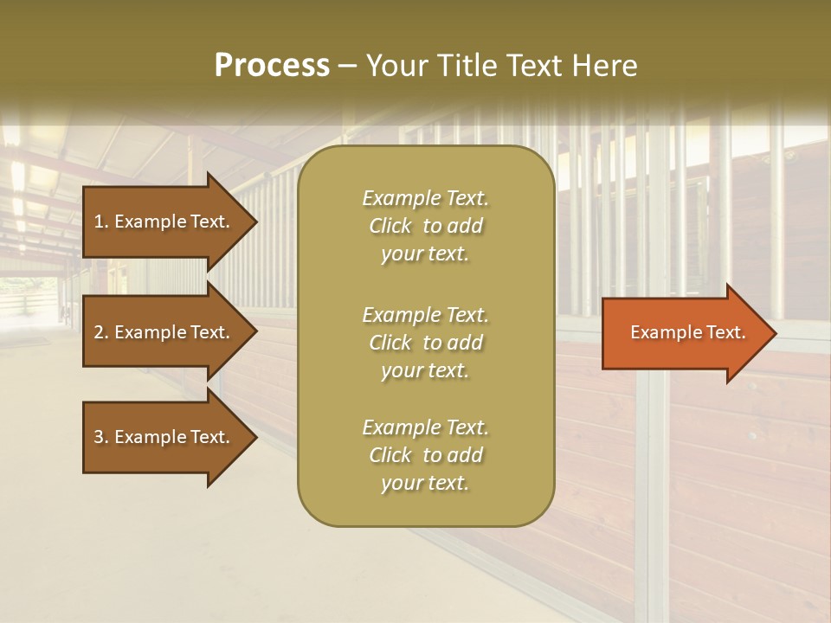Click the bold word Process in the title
[x=272, y=66]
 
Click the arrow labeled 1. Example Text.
[x=164, y=222]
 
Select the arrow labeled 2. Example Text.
[x=164, y=332]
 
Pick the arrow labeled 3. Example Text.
[x=164, y=437]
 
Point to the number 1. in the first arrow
[x=101, y=222]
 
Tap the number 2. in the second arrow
[x=101, y=332]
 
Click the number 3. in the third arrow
[x=101, y=437]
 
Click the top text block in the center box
[x=425, y=226]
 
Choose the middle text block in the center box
[x=425, y=342]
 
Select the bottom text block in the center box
[x=425, y=455]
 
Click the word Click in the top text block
[x=390, y=227]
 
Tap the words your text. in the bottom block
[x=425, y=484]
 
